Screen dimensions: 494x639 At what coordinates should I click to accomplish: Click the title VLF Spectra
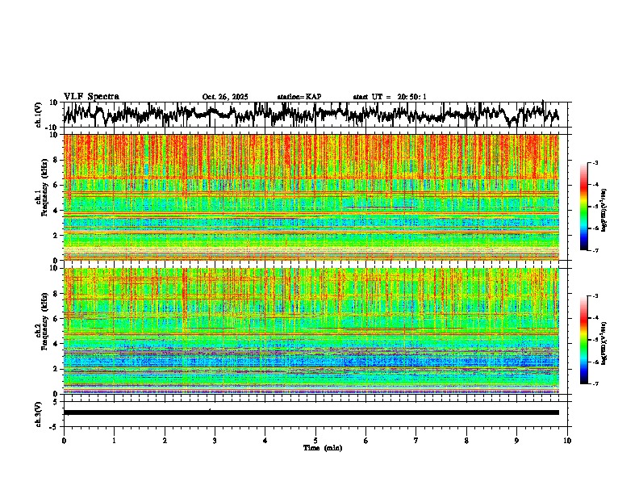[x=91, y=96]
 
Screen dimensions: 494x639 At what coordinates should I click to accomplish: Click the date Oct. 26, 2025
[x=225, y=97]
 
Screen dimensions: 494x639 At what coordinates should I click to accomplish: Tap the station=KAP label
[x=299, y=97]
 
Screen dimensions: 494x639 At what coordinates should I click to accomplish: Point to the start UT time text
[x=390, y=97]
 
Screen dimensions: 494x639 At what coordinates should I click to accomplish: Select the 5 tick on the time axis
[x=315, y=440]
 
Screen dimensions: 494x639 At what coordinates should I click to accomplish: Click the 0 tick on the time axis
[x=64, y=440]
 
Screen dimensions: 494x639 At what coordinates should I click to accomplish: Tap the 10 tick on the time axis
[x=567, y=440]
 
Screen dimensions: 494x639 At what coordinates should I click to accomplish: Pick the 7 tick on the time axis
[x=416, y=440]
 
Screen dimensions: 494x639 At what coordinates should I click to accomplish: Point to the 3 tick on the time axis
[x=215, y=440]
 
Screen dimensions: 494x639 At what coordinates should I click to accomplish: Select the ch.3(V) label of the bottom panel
[x=38, y=412]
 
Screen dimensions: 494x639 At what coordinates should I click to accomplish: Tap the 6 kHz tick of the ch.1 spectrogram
[x=57, y=185]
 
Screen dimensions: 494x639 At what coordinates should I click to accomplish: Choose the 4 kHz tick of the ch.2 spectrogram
[x=57, y=343]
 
